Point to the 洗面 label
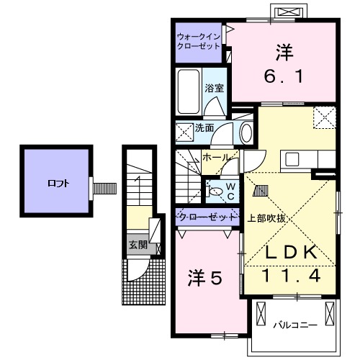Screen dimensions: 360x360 point(204,128)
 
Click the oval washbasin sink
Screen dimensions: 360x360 point(246,132)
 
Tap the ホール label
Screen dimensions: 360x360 point(216,157)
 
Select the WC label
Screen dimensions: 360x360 point(231,192)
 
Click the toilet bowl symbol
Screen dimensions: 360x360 point(217,192)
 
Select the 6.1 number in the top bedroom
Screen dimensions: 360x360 point(284,74)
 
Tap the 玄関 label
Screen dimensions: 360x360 point(138,245)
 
